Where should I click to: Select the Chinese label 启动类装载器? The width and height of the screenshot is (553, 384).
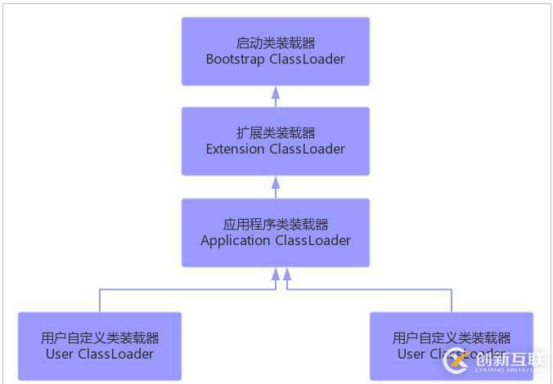click(x=276, y=42)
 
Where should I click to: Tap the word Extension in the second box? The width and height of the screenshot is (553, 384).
click(x=236, y=149)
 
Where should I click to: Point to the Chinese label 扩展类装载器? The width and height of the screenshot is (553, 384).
click(x=276, y=132)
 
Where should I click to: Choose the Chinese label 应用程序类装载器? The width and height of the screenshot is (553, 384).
click(x=276, y=224)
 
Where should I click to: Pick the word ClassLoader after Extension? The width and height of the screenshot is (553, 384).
click(x=307, y=149)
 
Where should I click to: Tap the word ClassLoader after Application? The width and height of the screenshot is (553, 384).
click(x=313, y=240)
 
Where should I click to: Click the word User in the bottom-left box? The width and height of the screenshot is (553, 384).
click(x=60, y=354)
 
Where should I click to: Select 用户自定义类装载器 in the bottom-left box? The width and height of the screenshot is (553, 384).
click(x=100, y=337)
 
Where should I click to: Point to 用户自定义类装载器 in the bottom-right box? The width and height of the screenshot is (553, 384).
click(x=452, y=337)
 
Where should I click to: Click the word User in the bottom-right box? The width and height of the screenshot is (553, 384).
click(x=411, y=354)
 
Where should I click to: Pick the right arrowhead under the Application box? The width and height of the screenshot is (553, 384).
click(x=287, y=274)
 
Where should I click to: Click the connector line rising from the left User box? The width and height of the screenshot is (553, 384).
click(x=100, y=300)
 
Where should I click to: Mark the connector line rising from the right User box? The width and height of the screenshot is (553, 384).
click(x=452, y=300)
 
